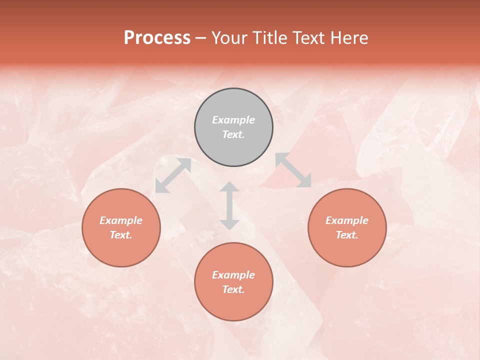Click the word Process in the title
[157, 38]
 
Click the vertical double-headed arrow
[229, 205]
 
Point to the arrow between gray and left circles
[173, 175]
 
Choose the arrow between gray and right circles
[293, 170]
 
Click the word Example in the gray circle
[233, 120]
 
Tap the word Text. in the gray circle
[233, 134]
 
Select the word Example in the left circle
[121, 220]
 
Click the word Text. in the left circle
[121, 235]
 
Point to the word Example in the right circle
[347, 220]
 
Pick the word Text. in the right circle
[347, 235]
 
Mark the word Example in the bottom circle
[233, 275]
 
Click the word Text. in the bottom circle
[233, 289]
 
